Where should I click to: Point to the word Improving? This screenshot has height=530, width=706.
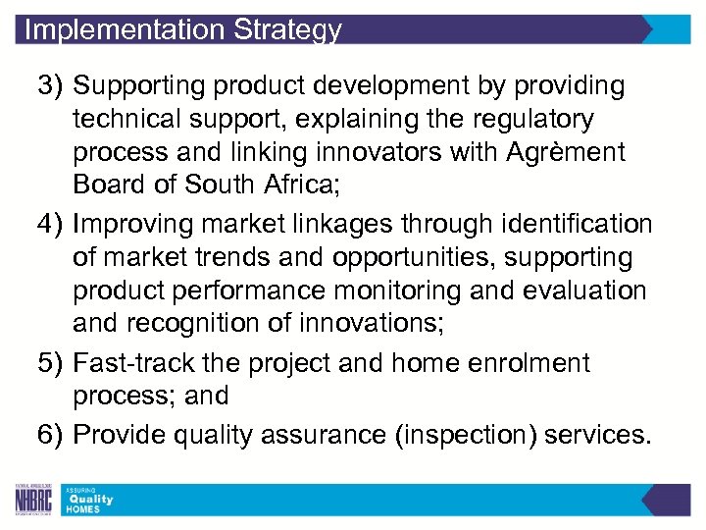[138, 225]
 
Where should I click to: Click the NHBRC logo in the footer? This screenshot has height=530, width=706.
[33, 501]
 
